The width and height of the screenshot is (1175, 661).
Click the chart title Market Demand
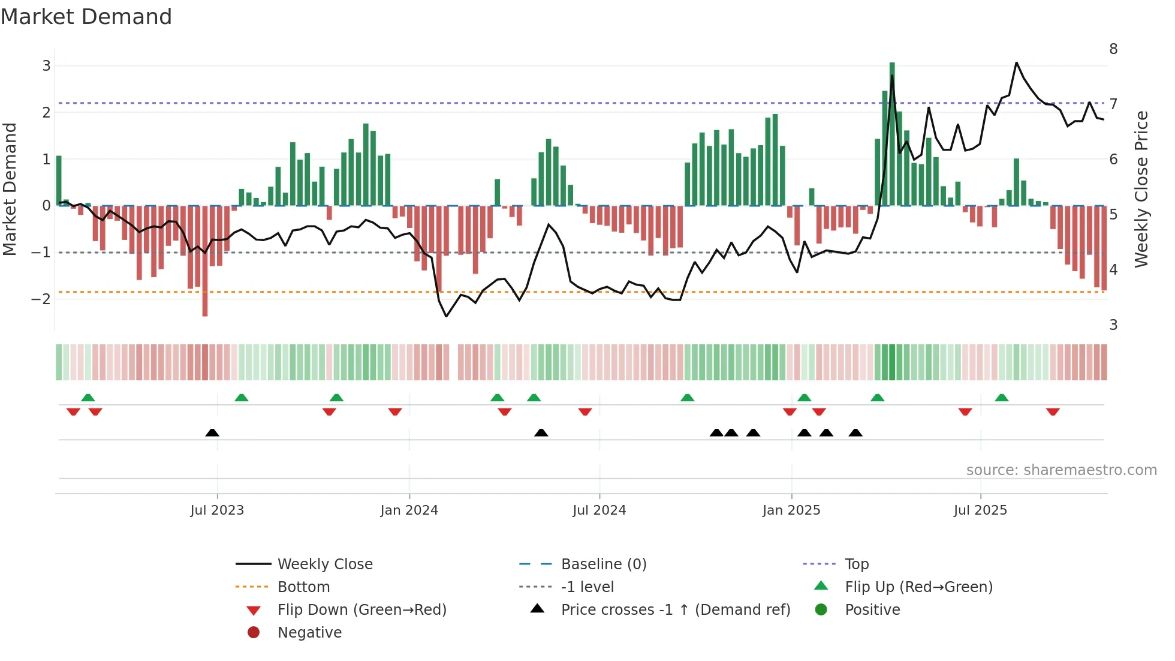[86, 17]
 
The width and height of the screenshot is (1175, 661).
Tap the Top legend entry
[856, 564]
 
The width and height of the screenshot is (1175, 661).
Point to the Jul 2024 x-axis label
[599, 510]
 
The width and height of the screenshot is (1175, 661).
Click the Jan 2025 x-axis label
[791, 510]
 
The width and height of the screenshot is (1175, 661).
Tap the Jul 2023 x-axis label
[217, 510]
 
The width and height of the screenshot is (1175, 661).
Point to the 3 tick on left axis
[46, 66]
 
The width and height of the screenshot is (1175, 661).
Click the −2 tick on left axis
[41, 299]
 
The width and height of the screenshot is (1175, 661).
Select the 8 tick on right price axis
[1113, 49]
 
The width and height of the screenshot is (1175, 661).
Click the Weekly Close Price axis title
[1141, 189]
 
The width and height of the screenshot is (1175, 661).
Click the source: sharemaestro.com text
[1061, 470]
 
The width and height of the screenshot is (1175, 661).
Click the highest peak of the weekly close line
[1016, 63]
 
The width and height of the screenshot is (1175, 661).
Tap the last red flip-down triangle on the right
[1053, 411]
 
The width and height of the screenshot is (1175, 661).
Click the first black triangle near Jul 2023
[212, 432]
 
